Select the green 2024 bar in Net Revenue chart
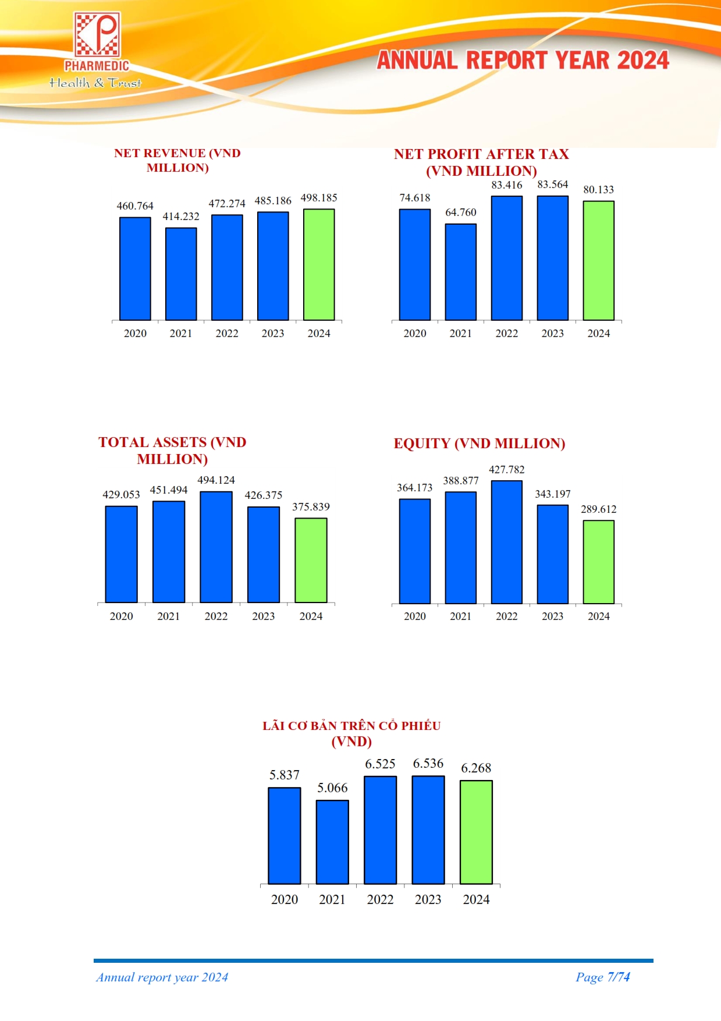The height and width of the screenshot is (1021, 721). [319, 265]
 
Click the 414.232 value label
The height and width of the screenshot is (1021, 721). [181, 217]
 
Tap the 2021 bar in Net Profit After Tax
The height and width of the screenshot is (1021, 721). [461, 272]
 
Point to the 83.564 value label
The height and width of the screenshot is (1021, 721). [552, 185]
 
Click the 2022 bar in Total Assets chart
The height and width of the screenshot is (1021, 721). [216, 547]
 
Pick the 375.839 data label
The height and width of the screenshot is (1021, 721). [311, 507]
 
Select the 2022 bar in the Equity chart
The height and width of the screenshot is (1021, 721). [506, 542]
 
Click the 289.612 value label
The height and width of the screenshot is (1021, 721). [598, 509]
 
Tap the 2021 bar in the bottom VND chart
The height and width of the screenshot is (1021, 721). [332, 842]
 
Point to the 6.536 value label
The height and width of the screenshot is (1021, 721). [428, 763]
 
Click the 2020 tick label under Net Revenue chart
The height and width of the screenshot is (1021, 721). [135, 334]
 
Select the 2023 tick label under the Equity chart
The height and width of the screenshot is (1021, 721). [552, 616]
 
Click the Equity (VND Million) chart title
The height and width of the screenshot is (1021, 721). [480, 444]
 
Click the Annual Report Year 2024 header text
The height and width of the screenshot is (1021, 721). [523, 61]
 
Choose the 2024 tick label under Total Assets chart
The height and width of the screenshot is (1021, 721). [311, 616]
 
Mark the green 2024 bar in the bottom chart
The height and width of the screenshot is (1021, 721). [476, 832]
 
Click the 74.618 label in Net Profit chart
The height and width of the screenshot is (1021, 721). [415, 198]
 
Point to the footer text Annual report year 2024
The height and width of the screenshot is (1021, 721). [162, 977]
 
